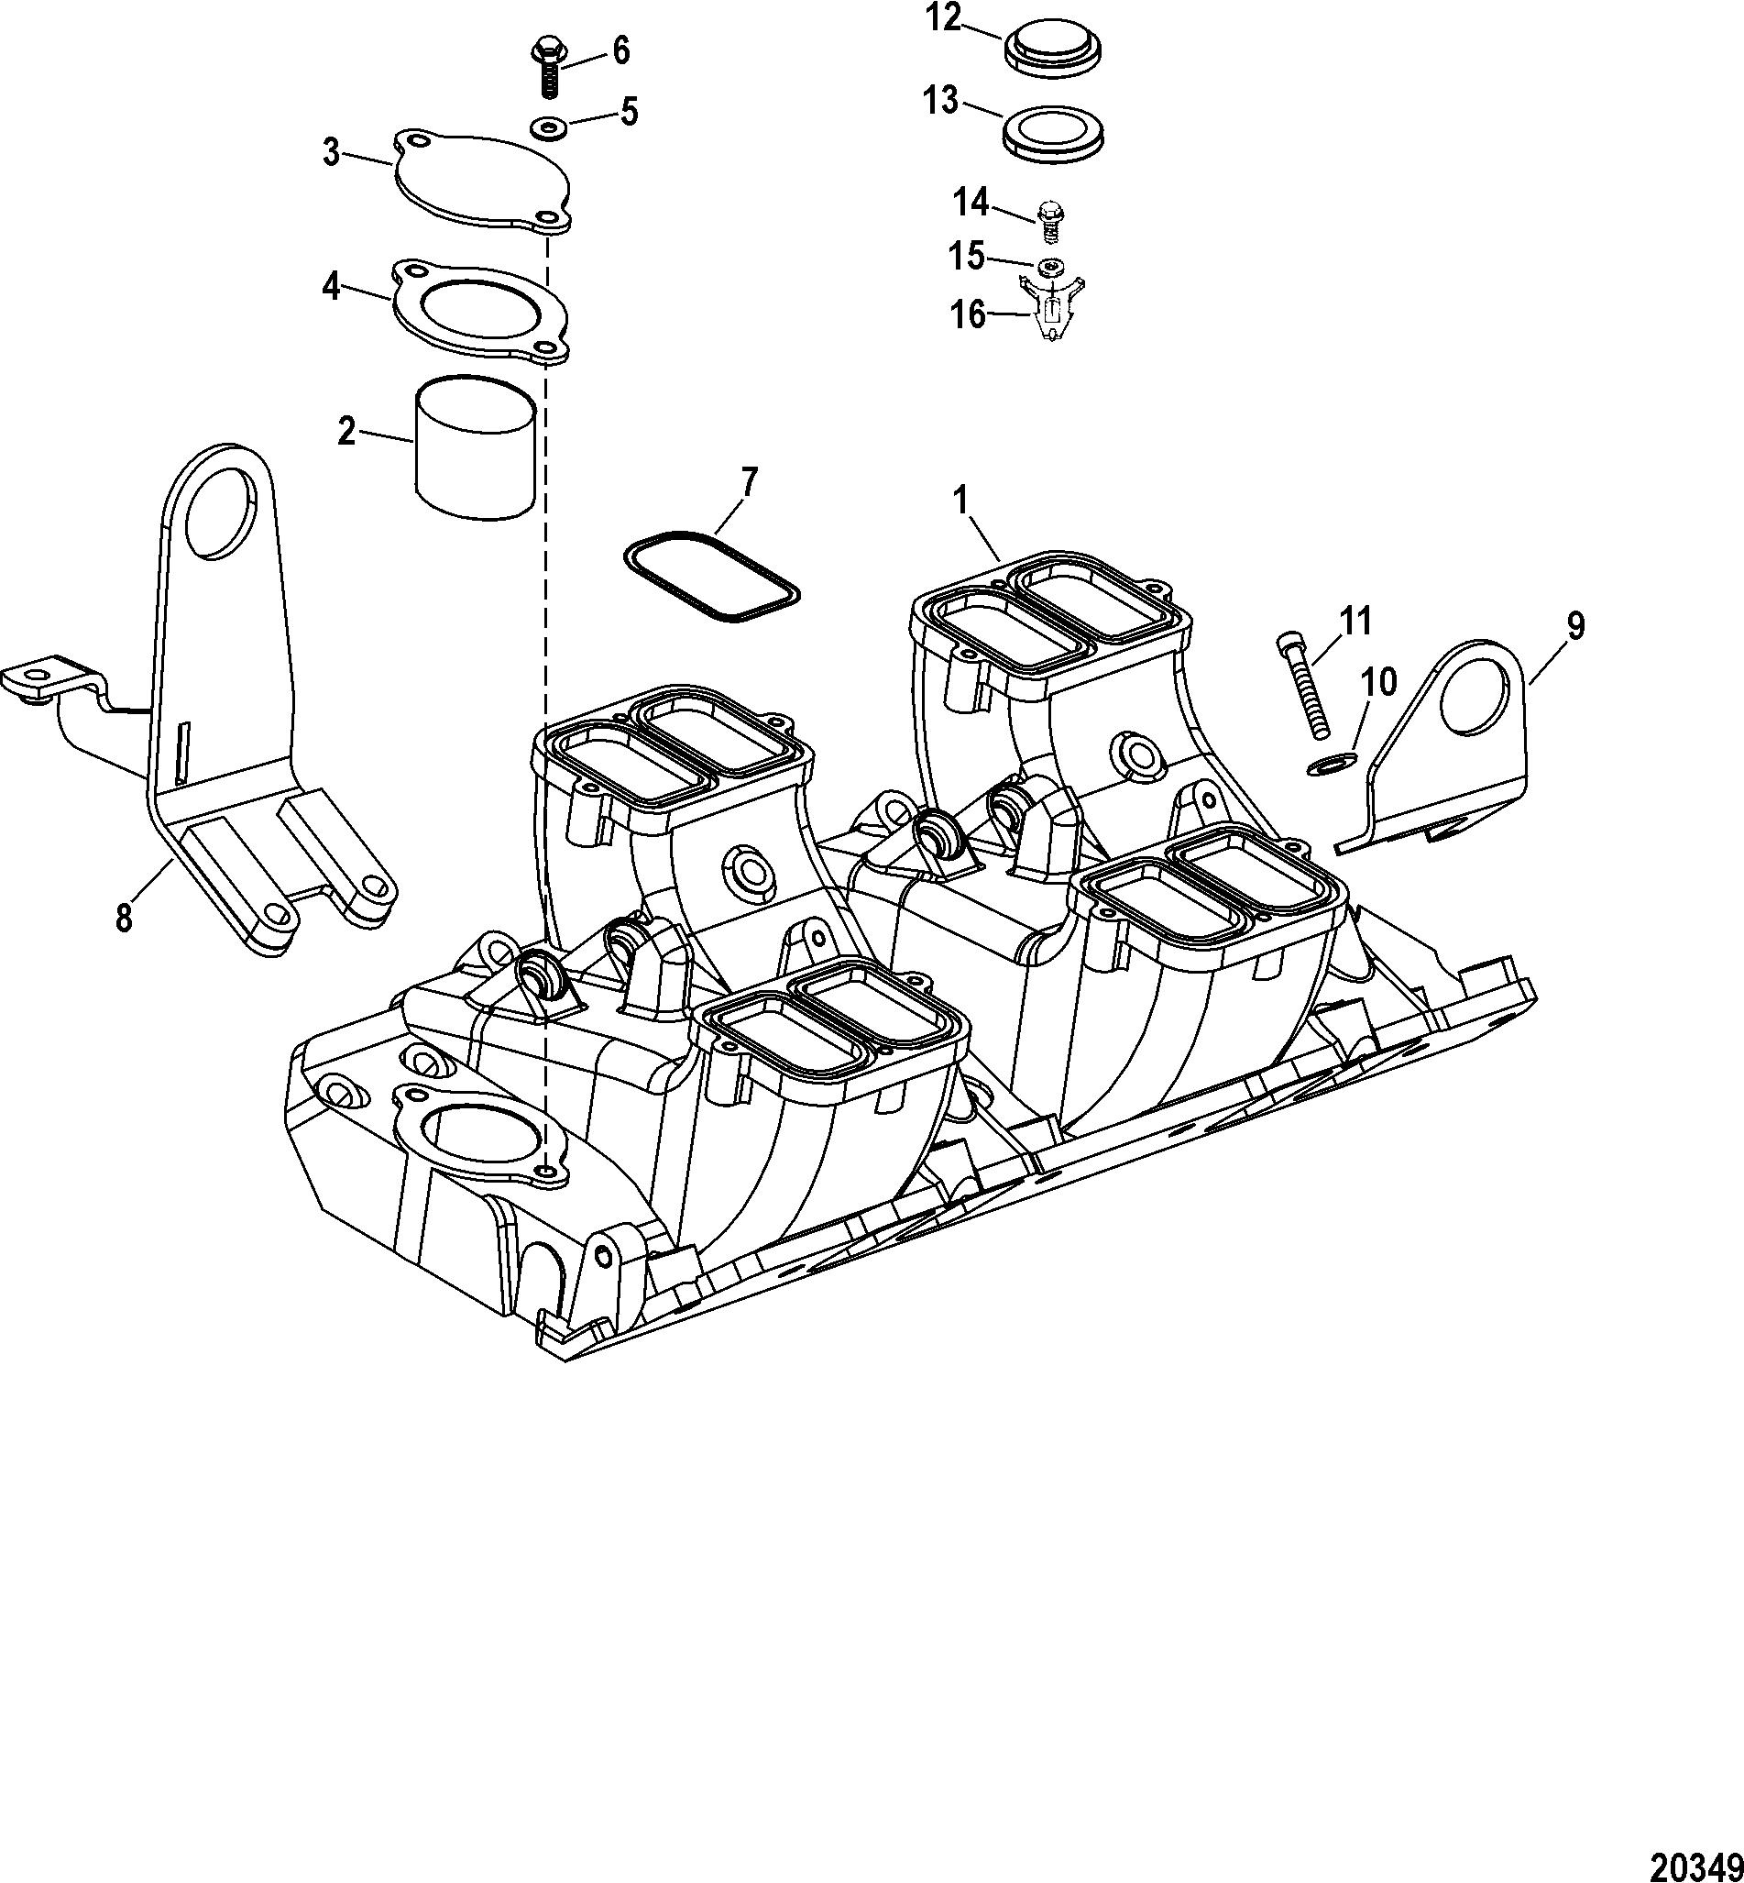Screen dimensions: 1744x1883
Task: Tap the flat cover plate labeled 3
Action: pyautogui.click(x=481, y=181)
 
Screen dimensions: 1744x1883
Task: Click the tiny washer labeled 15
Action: pyautogui.click(x=1049, y=268)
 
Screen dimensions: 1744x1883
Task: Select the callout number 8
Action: pyautogui.click(x=124, y=917)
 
